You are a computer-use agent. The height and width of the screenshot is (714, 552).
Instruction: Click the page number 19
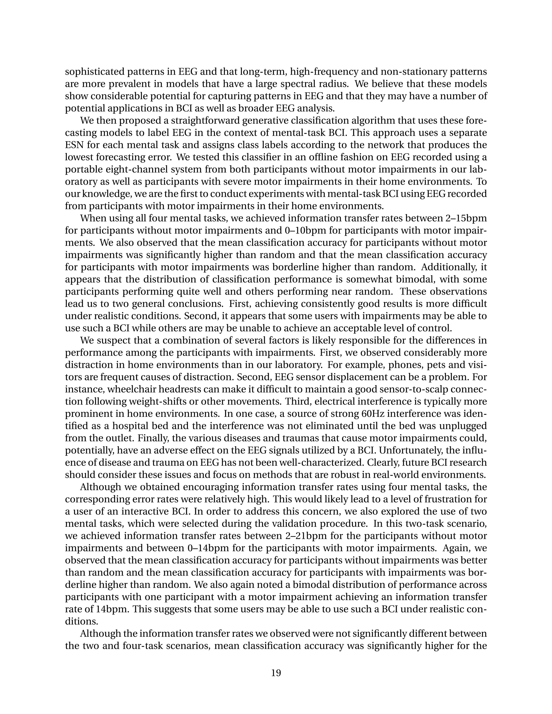tap(276, 673)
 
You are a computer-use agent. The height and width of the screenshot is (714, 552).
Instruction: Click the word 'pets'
tap(437, 365)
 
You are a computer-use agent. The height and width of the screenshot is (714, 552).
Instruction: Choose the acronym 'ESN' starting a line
tap(74, 145)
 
